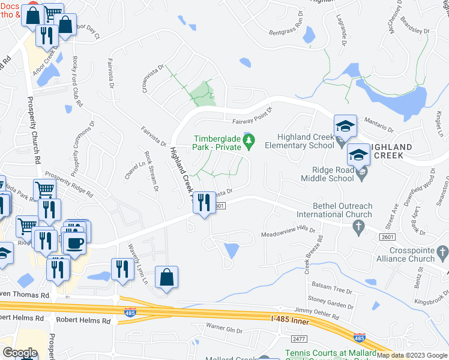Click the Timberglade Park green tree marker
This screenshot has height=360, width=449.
pos(249,141)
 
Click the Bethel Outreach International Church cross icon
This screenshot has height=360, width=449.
pos(358,226)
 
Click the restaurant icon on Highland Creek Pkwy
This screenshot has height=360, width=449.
pos(204,201)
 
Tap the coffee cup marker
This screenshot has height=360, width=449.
pos(75,243)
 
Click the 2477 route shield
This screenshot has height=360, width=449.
pos(292,339)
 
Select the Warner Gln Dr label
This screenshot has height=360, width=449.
pos(223,330)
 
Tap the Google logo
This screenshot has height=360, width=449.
pos(20,352)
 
